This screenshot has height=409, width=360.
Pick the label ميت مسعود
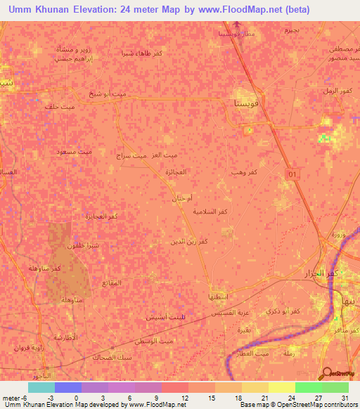[x=75, y=151]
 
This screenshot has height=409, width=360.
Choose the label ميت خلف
[x=58, y=107]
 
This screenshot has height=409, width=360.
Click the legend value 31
[x=343, y=398]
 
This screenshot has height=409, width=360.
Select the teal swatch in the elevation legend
[x=41, y=387]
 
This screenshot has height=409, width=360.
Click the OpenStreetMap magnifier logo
[x=326, y=373]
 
